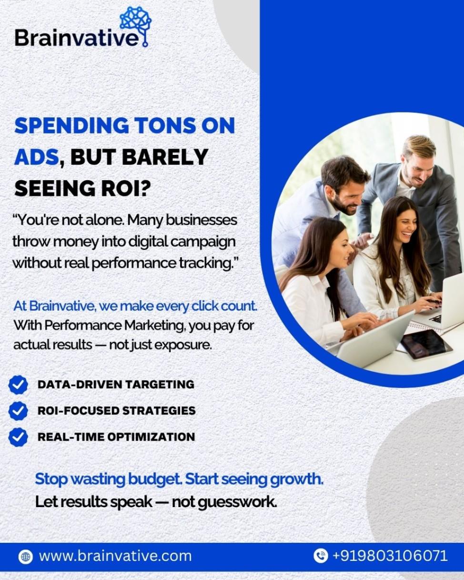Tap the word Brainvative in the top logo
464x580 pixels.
(x=77, y=38)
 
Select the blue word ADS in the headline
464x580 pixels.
(x=37, y=157)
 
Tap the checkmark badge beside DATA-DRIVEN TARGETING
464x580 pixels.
(x=18, y=385)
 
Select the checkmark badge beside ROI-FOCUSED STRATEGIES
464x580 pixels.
(x=18, y=411)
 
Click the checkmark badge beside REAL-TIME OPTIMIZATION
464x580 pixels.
(x=18, y=437)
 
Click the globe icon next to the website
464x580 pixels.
(x=26, y=557)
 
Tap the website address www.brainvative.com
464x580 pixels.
(x=115, y=556)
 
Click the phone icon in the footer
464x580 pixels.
(x=321, y=556)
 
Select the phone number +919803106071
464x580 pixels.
(x=390, y=556)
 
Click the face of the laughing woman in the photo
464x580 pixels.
(x=404, y=227)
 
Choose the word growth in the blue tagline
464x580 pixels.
(x=296, y=479)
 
